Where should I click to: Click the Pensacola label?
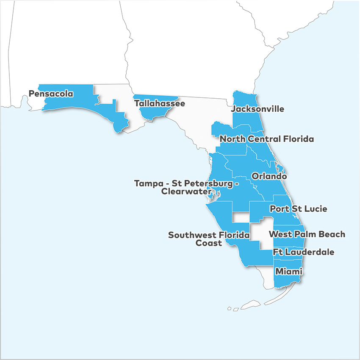tap(51, 94)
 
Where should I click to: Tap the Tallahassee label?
tap(159, 103)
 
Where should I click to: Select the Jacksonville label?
tap(258, 109)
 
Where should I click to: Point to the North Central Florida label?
tap(267, 139)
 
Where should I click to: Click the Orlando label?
tap(269, 176)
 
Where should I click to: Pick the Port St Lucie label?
tap(298, 209)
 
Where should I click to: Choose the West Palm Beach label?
tap(307, 234)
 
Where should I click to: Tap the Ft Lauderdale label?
tap(303, 252)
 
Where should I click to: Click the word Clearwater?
tap(186, 191)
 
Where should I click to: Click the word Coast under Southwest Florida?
tap(208, 243)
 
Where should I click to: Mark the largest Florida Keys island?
tap(250, 305)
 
